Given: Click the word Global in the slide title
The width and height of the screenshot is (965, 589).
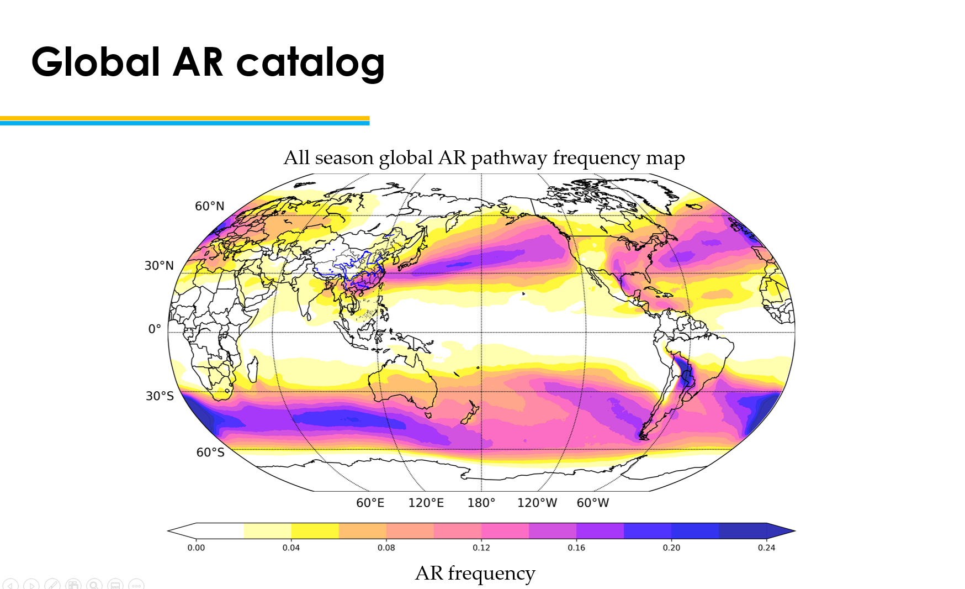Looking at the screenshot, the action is (x=96, y=61).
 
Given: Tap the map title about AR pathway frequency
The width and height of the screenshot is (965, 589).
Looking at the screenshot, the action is (x=484, y=158).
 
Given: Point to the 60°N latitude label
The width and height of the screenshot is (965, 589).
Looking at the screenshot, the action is (x=210, y=206).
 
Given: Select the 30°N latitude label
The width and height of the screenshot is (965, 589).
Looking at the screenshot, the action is (x=159, y=266).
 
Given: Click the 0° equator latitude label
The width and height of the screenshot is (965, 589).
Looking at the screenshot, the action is (x=155, y=329).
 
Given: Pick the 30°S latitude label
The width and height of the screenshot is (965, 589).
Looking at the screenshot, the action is (x=160, y=396).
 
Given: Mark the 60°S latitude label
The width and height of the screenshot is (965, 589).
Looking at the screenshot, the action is (x=210, y=453).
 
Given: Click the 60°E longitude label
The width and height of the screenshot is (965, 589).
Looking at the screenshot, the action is (x=370, y=503).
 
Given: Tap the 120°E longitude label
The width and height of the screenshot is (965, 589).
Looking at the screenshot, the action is (x=426, y=503).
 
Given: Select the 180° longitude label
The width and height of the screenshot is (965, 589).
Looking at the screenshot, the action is (x=481, y=503).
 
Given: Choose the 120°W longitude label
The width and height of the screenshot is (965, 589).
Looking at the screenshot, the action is (x=537, y=503).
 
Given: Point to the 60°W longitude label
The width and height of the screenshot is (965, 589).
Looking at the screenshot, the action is (x=593, y=503).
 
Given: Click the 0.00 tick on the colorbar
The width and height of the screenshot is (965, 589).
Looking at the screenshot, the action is (x=196, y=548).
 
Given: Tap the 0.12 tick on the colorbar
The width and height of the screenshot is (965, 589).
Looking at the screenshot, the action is (x=481, y=548).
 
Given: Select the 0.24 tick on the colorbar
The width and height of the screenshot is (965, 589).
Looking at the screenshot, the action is (x=766, y=548).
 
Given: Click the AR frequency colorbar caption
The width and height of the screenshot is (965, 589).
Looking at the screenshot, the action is (x=475, y=574).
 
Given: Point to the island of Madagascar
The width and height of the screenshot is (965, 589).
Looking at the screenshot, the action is (x=252, y=369).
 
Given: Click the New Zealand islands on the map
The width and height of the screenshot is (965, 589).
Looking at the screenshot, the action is (x=470, y=413).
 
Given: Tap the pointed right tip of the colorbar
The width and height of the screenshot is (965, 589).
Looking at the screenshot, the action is (x=794, y=531).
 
